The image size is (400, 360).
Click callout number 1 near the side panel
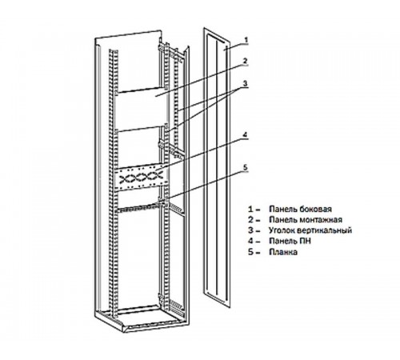(x=246, y=40)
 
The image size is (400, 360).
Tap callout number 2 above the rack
(x=246, y=61)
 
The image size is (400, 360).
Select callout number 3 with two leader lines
(x=246, y=84)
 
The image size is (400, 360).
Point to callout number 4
(x=245, y=135)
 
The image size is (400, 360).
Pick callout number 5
(x=246, y=167)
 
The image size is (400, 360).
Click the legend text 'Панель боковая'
(x=300, y=209)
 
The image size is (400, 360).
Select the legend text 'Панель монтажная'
(x=306, y=219)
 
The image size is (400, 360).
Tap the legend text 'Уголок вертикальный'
(x=310, y=230)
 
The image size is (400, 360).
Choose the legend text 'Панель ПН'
(x=290, y=241)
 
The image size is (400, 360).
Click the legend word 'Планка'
(x=283, y=252)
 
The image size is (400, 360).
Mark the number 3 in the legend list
(x=250, y=230)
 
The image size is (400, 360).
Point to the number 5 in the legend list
(x=250, y=252)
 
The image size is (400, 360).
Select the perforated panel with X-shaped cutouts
(x=141, y=177)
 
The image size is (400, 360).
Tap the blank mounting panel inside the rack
(x=142, y=110)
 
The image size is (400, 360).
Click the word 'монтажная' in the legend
(x=321, y=220)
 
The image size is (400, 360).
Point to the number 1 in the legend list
(x=250, y=209)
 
